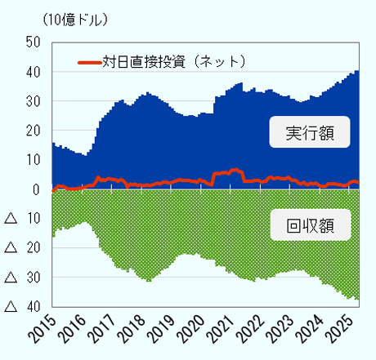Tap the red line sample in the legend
coord(89,62)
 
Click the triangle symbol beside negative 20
coord(9,248)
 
